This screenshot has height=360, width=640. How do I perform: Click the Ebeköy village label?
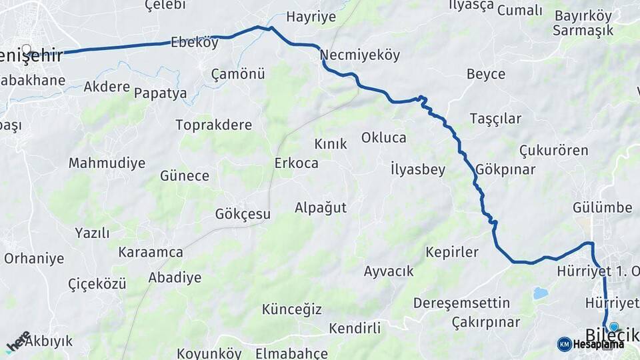[x=194, y=43]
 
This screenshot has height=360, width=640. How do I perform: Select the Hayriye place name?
[x=311, y=17]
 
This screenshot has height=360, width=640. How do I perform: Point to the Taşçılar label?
[x=495, y=119]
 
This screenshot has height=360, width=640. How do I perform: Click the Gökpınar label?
[x=506, y=169]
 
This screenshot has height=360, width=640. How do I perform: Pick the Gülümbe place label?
[x=602, y=208]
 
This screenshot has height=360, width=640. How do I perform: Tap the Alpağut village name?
[x=321, y=208]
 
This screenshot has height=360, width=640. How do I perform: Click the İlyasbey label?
[x=418, y=169]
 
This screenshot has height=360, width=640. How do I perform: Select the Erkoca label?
[x=296, y=163]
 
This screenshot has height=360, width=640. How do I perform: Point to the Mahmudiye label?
[x=107, y=163]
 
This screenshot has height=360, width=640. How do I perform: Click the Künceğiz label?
[x=291, y=309]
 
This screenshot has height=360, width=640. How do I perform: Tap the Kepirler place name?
[x=452, y=252]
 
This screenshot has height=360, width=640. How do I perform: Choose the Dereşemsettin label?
[x=457, y=303]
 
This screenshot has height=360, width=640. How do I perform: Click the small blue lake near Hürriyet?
[x=541, y=293]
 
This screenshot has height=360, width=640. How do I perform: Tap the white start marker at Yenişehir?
[x=27, y=49]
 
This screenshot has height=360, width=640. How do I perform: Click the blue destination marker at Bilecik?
[x=614, y=327]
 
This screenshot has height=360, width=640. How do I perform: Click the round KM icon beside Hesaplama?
[x=564, y=344]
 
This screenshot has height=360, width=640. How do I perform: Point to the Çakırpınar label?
[x=485, y=323]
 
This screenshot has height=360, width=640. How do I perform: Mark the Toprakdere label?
[x=213, y=125]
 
